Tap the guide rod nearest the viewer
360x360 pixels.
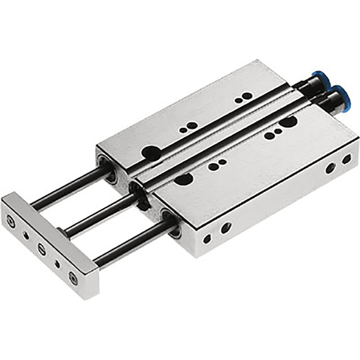point(130,243)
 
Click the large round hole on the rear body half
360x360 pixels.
point(150,150)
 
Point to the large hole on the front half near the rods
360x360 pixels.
point(181,180)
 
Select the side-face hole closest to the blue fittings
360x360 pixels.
point(346,160)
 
